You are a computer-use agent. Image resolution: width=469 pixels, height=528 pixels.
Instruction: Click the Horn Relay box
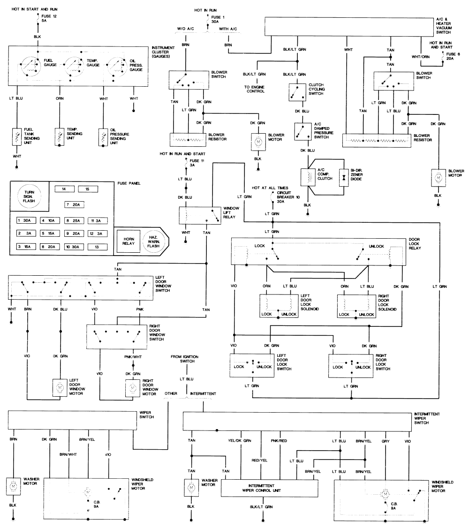tap(129, 241)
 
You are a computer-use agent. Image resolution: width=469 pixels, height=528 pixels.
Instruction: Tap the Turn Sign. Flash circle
tap(29, 196)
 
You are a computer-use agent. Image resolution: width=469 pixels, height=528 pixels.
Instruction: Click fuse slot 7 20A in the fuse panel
tap(75, 205)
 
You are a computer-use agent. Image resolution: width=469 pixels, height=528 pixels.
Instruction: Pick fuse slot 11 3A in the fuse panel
tap(98, 221)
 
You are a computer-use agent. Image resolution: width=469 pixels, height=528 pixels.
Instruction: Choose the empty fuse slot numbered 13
tap(98, 247)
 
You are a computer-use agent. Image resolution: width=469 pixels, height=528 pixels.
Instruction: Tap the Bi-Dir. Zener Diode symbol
tap(343, 177)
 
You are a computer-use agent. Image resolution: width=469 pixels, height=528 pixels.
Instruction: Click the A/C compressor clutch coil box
tap(308, 177)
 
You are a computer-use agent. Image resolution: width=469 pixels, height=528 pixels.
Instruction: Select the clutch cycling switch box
tap(297, 92)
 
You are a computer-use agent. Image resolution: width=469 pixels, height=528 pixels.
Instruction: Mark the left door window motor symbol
tap(60, 388)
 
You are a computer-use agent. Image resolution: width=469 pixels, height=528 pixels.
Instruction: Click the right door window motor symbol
tap(133, 388)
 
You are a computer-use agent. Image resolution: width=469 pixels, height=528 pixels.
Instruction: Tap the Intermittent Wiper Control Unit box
tap(269, 488)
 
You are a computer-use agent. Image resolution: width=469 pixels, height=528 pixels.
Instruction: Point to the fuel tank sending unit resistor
tap(17, 137)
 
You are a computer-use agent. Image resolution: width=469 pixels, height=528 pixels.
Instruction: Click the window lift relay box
tap(200, 216)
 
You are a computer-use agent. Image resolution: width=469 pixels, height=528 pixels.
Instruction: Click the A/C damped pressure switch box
tap(303, 132)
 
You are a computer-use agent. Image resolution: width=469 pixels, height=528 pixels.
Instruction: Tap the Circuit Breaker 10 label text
tap(288, 197)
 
